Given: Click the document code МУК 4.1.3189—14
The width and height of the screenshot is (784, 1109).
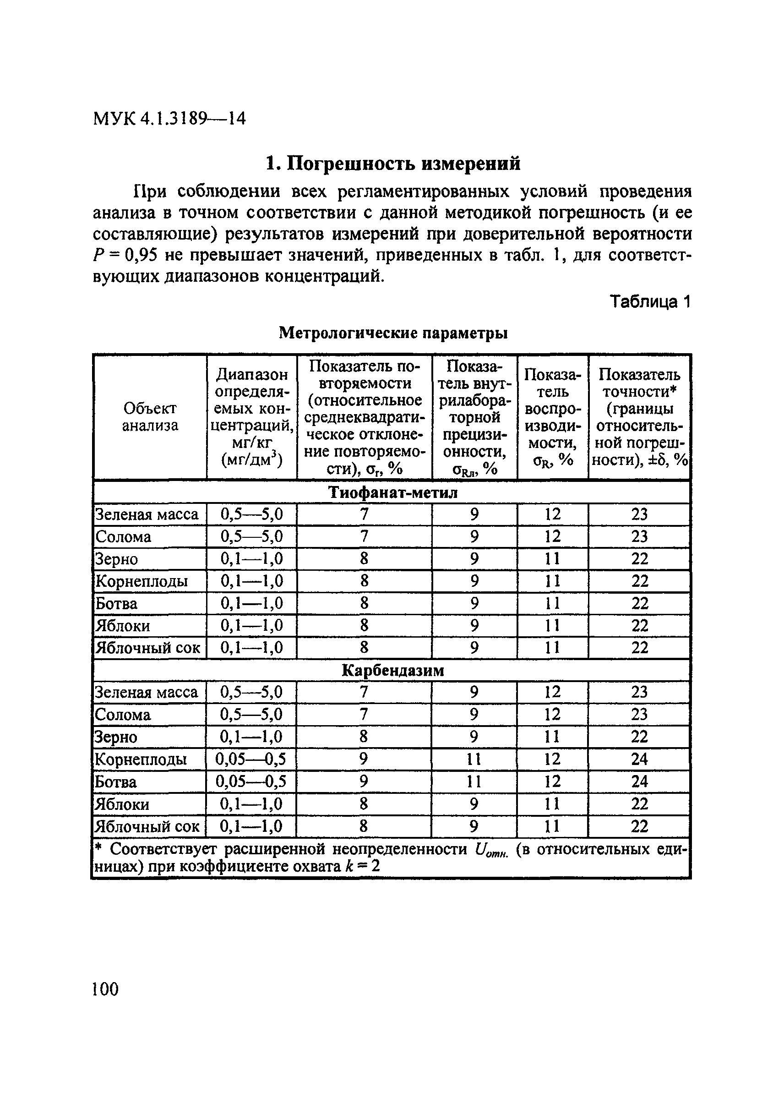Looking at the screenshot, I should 169,118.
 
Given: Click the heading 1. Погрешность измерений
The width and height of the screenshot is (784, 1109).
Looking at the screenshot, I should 393,164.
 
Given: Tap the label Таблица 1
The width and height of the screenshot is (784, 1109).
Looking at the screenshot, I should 650,301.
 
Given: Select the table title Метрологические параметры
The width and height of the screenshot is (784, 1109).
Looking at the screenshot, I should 393,333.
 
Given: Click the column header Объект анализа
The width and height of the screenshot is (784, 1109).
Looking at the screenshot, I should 150,417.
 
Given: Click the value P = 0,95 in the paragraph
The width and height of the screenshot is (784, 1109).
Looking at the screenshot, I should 125,255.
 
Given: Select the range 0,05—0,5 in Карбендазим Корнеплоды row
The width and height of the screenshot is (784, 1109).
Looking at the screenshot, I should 250,759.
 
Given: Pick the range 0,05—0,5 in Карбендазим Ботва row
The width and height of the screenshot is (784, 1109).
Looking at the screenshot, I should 250,781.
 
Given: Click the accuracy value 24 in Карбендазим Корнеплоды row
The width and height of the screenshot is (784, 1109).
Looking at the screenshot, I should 639,759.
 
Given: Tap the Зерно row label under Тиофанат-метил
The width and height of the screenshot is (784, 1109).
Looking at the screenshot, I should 116,559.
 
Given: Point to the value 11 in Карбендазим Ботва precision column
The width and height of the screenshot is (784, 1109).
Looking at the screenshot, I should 474,781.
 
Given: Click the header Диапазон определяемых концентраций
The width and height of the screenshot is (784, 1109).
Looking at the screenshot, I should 251,417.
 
